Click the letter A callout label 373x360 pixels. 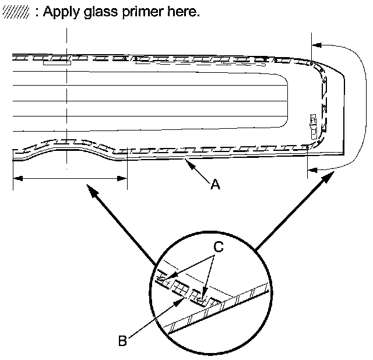click(x=215, y=185)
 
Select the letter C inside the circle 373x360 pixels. click(x=217, y=247)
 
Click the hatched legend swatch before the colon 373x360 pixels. click(x=16, y=13)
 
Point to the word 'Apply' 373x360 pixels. click(x=62, y=13)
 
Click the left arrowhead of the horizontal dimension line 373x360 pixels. click(x=15, y=178)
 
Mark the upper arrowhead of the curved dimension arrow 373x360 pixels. click(x=315, y=44)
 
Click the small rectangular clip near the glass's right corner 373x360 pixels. click(x=314, y=121)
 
